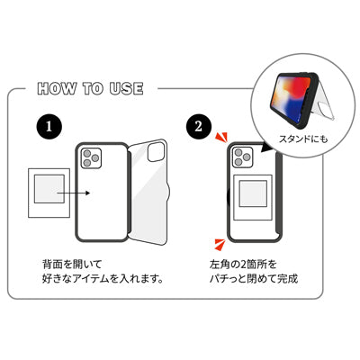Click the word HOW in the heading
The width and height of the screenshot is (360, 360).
56,90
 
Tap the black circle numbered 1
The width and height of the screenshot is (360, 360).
49,128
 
